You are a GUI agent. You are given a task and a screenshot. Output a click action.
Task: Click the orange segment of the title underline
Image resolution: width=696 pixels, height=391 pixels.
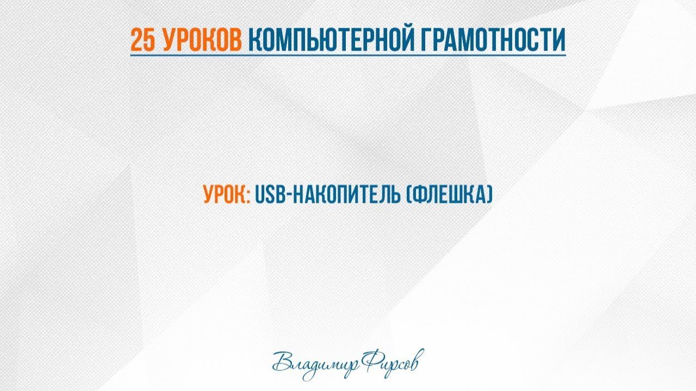tap(188, 55)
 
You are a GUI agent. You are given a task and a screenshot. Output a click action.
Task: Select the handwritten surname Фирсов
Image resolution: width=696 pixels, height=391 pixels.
tap(391, 362)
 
